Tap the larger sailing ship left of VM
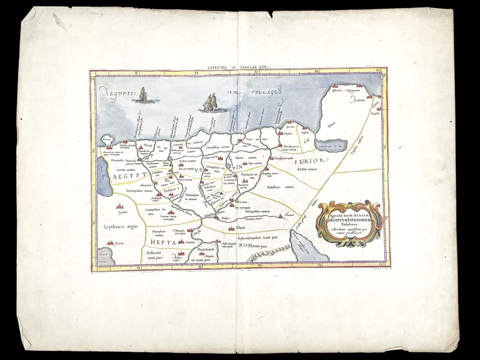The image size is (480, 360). [x=210, y=102]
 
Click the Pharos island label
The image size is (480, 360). [x=107, y=138]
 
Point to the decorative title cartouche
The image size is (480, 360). [x=350, y=224]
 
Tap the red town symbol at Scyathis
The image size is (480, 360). [x=120, y=207]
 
